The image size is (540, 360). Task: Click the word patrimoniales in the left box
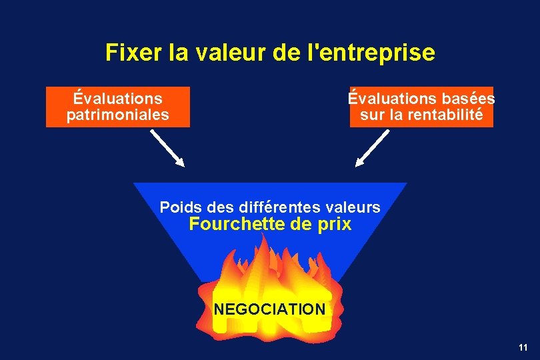point(118,115)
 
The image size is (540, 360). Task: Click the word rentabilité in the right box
point(447,115)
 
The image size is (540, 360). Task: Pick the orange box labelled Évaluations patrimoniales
point(118,107)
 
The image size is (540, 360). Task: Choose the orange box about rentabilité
point(421,107)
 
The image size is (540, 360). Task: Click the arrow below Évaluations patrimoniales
point(167,147)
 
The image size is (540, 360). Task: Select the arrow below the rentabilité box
point(372,147)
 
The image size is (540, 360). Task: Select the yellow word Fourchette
point(237,225)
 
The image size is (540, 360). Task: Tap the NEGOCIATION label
point(269,309)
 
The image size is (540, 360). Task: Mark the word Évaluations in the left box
point(118,99)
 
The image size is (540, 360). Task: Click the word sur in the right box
point(371,115)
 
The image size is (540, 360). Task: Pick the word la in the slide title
point(178,52)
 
